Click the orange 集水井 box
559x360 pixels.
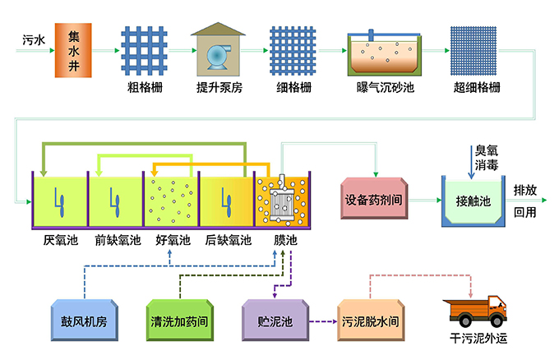coord(73,50)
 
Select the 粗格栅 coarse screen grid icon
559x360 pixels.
coord(143,51)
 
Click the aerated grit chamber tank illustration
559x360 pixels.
coord(384,53)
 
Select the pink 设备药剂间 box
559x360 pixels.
coord(374,201)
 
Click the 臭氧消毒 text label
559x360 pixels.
coord(486,158)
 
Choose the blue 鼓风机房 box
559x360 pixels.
coord(85,320)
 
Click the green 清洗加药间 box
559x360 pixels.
coord(178,320)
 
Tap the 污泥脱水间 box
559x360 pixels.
coord(372,320)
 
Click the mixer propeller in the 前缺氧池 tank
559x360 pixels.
coord(114,200)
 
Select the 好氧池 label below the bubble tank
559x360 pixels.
coord(173,240)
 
